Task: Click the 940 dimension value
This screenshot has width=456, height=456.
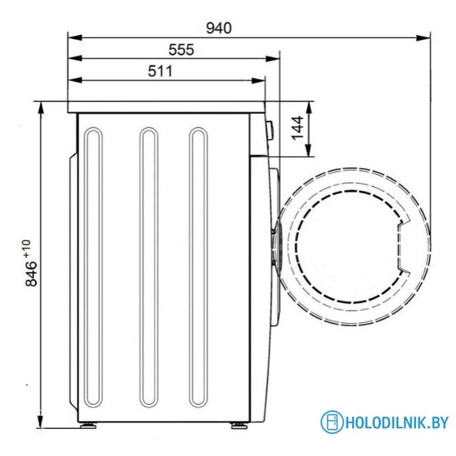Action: (219, 28)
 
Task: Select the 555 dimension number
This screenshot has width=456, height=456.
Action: (181, 50)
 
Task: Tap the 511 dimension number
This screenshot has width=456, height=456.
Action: (160, 71)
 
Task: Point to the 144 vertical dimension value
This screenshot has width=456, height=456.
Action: (298, 128)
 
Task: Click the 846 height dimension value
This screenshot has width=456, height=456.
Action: (31, 274)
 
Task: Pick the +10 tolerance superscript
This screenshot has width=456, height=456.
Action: (27, 249)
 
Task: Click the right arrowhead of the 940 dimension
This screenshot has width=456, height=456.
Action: (423, 38)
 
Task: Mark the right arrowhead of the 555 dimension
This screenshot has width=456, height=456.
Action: (272, 58)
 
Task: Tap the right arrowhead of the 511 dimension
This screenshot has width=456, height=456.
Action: (258, 81)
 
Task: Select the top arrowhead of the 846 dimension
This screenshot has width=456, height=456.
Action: (41, 108)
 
